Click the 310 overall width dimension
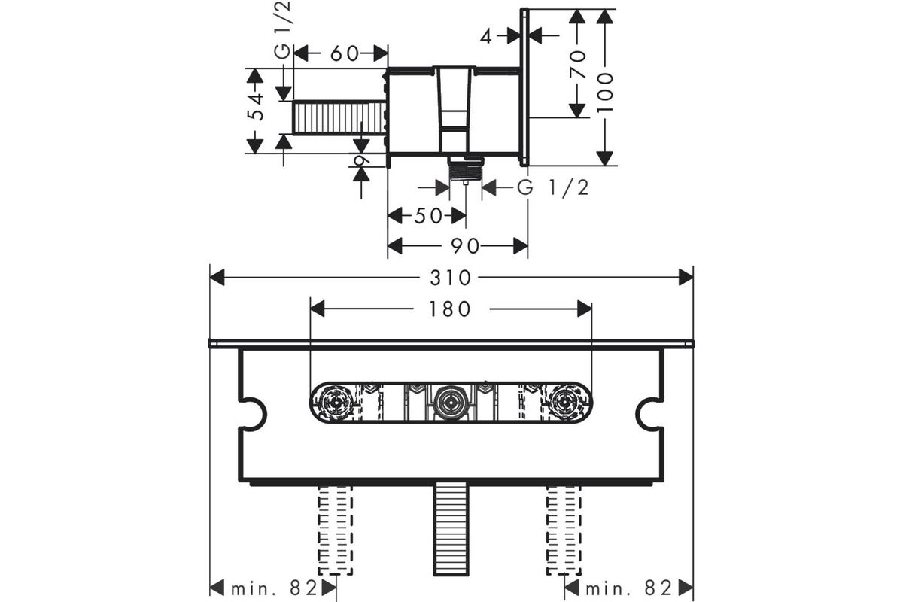point(450,278)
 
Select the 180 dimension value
point(449,309)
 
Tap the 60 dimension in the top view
point(345,53)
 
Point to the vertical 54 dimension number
point(256,108)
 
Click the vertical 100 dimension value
point(604,93)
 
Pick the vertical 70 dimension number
point(578,64)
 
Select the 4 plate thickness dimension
point(486,37)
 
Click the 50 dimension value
point(428,216)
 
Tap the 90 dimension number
point(465,246)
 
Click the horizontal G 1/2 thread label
point(553,187)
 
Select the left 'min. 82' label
point(274,588)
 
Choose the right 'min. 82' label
point(628,588)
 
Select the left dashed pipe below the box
point(336,530)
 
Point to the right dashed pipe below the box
point(564,530)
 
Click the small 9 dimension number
point(361,160)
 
